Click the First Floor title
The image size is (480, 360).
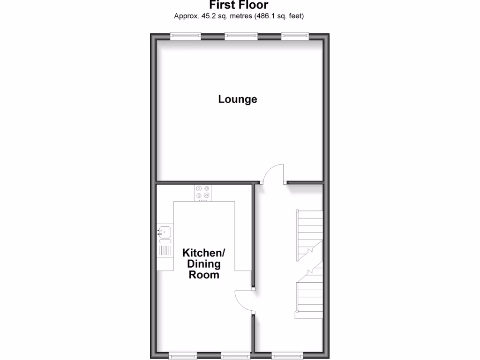tap(239, 5)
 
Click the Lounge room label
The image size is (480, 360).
tap(238, 99)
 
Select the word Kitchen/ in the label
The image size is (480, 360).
tap(204, 253)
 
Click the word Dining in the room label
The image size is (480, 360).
tap(204, 264)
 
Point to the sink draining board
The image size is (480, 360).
tap(165, 250)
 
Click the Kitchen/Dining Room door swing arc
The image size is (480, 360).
tap(243, 300)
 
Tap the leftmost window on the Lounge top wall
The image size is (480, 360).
tap(185, 36)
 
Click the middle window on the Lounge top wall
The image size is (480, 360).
tap(241, 36)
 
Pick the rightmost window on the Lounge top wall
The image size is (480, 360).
tap(295, 36)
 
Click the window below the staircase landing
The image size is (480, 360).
tap(287, 355)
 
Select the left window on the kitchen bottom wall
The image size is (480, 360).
tap(183, 356)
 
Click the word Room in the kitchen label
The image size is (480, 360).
tap(204, 275)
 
